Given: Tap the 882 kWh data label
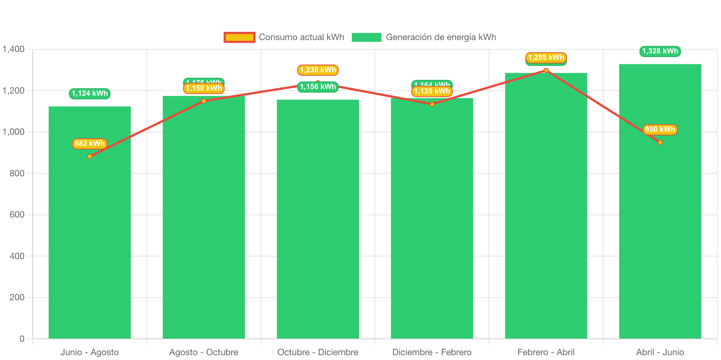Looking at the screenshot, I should point(89,144).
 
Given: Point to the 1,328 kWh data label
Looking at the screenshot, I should point(660,51).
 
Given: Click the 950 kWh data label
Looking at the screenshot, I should point(660,130).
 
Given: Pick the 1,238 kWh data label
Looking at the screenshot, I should point(318,70).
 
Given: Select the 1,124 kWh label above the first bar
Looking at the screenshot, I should point(89,94).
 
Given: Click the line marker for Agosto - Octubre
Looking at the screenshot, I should point(204,101).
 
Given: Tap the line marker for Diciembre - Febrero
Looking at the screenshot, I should point(432,104).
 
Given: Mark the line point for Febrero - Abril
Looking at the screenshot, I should point(546,71).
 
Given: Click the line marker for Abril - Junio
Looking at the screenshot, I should point(660,143).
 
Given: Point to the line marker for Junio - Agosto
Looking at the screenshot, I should point(89,157).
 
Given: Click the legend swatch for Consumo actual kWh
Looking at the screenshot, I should point(239,37).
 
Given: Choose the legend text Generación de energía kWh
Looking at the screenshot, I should point(441,37).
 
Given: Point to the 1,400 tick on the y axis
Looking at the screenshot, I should point(14,49).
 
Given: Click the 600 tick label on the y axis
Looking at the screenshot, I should point(17,215).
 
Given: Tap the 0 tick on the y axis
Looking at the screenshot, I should point(22,338).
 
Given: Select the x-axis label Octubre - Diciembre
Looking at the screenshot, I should point(318,352).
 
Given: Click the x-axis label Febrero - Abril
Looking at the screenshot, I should point(546,352).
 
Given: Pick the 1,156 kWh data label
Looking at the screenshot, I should point(318,87).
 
